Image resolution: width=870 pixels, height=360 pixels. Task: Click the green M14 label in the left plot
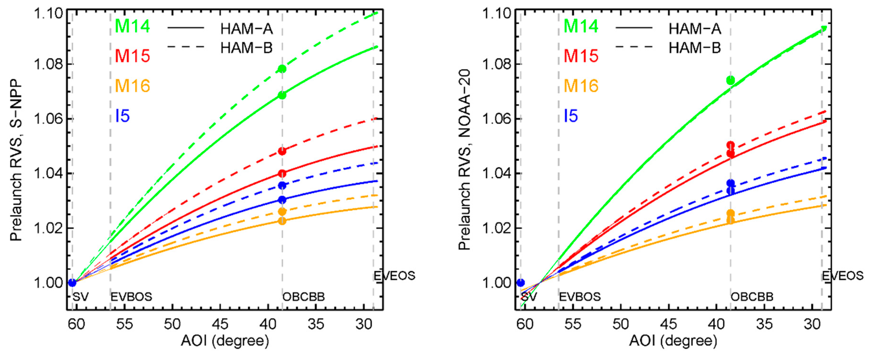tap(132, 26)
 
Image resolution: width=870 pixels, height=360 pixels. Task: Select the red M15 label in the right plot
tap(581, 56)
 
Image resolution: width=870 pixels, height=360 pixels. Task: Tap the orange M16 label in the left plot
tap(132, 86)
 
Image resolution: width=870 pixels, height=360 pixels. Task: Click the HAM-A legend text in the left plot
tap(247, 29)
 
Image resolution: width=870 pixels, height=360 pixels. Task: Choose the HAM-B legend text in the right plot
tap(695, 48)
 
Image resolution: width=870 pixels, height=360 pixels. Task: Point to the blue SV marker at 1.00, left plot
tap(72, 283)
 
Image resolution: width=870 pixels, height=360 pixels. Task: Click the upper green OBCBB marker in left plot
tap(282, 69)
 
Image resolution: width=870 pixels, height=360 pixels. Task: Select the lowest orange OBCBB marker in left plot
tap(282, 221)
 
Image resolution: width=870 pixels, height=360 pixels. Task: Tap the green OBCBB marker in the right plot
tap(731, 80)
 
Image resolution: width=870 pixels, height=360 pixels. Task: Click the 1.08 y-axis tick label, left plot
tap(49, 64)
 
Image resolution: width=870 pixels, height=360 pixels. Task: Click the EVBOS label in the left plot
tap(131, 297)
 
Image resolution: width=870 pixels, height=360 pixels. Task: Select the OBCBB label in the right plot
tap(752, 297)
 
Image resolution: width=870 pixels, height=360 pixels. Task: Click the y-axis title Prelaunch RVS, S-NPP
tap(16, 161)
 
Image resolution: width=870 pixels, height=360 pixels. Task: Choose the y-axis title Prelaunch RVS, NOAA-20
tap(464, 161)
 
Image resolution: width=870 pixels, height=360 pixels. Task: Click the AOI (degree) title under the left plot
tap(225, 341)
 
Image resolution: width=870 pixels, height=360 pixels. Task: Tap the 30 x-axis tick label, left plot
tap(364, 324)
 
